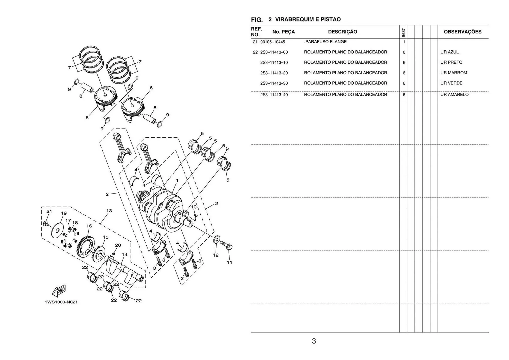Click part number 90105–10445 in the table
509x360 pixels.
273,42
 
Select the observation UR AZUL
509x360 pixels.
449,52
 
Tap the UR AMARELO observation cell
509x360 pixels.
454,95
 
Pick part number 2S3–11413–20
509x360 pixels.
274,73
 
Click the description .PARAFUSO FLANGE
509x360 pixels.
325,42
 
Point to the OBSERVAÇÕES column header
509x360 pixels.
463,32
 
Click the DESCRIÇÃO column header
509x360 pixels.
343,32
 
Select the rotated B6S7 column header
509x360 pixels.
403,32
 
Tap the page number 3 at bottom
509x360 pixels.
314,341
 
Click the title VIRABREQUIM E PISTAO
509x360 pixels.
308,19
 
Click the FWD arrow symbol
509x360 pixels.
59,291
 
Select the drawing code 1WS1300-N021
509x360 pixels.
61,302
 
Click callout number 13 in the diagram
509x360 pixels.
109,211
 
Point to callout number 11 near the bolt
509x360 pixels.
230,262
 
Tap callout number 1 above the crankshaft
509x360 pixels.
177,181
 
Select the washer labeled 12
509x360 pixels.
216,240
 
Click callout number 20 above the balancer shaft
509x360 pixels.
118,245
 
